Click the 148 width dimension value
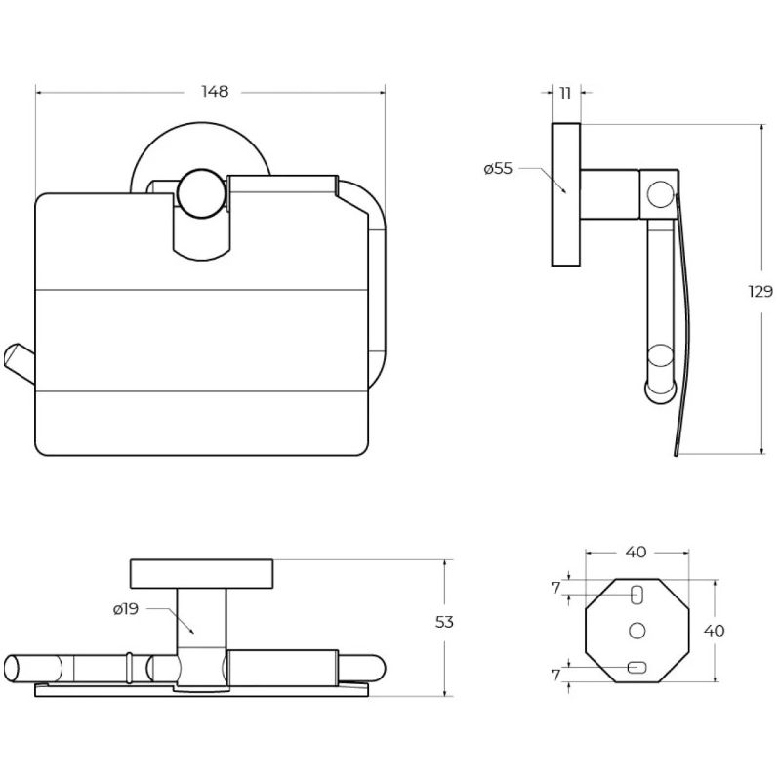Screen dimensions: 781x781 click(215, 92)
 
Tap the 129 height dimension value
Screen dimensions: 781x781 click(760, 291)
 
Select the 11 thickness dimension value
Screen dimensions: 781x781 click(565, 93)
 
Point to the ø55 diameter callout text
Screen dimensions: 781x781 click(498, 168)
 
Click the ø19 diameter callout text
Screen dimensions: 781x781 click(126, 608)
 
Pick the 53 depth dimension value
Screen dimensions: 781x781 click(444, 622)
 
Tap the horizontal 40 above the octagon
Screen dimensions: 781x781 click(636, 552)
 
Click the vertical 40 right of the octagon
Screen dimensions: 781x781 click(714, 631)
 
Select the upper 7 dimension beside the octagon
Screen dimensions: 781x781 click(555, 588)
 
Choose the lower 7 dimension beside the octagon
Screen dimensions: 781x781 click(555, 675)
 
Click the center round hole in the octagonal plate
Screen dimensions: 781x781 click(637, 631)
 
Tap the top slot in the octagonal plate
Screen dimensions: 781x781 click(637, 595)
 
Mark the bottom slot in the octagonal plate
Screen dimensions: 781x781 click(637, 667)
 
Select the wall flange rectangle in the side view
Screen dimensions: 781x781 click(566, 194)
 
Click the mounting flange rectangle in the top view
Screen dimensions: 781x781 click(201, 574)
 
